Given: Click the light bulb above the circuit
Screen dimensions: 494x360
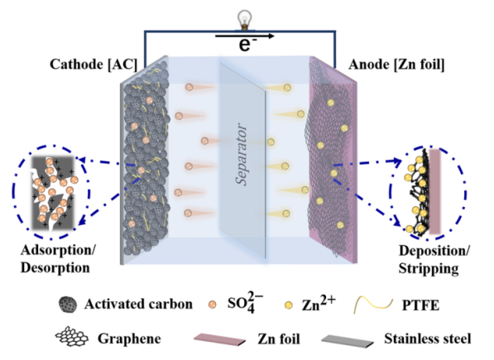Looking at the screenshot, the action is (x=244, y=20).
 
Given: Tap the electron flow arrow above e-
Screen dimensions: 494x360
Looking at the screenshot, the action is (x=244, y=36).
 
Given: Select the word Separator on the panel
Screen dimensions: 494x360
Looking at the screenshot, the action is (x=242, y=154).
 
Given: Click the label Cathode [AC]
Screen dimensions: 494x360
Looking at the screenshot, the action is (x=94, y=65).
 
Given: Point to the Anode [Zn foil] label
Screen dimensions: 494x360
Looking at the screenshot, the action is (x=396, y=65).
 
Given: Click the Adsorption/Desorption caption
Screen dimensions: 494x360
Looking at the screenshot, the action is (x=58, y=259).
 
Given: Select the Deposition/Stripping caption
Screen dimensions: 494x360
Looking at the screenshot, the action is (x=434, y=260).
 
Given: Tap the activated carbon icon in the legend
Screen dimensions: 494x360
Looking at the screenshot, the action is (x=68, y=305).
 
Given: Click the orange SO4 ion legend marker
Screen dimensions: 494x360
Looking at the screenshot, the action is (x=213, y=305).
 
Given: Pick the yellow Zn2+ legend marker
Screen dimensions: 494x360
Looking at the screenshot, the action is (x=289, y=305).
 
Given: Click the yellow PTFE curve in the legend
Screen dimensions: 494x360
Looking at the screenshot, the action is (x=373, y=305).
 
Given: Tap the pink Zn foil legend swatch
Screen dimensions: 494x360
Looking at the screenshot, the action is (x=219, y=339).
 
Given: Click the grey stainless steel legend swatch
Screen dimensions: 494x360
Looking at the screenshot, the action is (x=348, y=341).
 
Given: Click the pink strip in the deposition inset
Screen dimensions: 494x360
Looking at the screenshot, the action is (x=435, y=191).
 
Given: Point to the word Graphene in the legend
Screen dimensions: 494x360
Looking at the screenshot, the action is (x=129, y=339).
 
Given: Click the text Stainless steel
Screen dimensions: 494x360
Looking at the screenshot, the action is (x=428, y=339).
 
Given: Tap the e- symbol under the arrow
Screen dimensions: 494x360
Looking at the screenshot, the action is (x=247, y=45).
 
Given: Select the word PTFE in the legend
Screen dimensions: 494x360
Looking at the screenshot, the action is (x=420, y=305).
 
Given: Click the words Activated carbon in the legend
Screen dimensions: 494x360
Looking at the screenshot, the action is (x=138, y=305).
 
